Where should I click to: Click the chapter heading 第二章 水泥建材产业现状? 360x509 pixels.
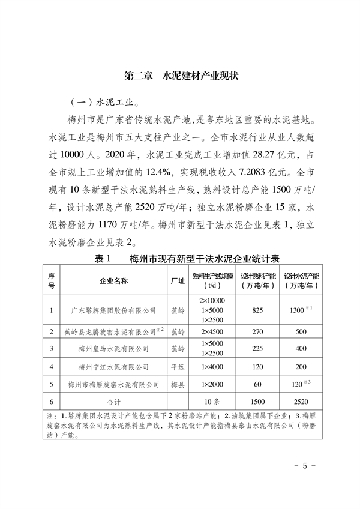181,77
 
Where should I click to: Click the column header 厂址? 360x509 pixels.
177,279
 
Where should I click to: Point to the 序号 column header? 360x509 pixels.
52,279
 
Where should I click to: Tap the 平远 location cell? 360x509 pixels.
177,366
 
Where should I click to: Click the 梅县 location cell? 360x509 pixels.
177,384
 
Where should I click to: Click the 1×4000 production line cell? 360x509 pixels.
211,366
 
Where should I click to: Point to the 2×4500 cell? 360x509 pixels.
211,331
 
